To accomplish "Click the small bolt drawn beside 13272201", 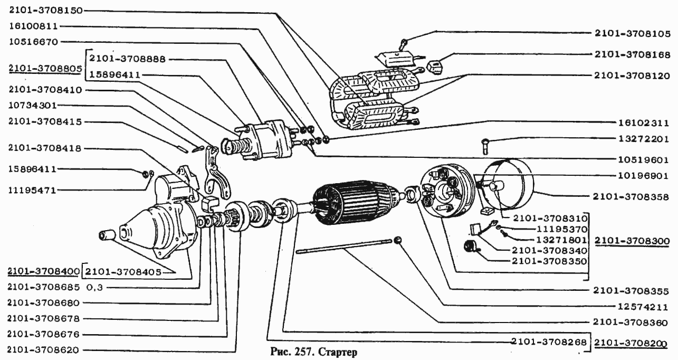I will (x=485, y=145).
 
